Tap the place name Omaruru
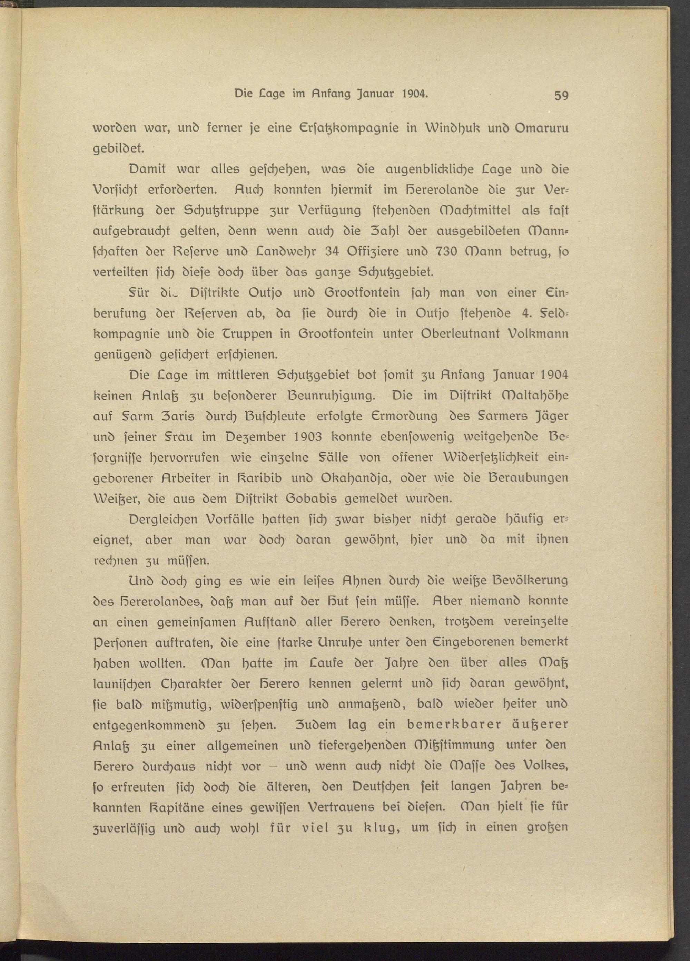(541, 129)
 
